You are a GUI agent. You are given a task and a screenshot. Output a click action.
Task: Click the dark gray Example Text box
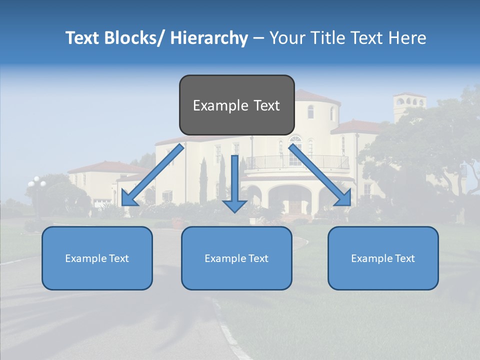236,105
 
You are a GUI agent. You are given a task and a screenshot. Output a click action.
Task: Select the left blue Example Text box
97,258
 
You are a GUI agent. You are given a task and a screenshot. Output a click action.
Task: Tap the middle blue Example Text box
236,258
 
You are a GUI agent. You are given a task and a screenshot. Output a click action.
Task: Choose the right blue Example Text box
383,258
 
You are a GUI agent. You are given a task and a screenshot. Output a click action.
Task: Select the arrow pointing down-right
320,175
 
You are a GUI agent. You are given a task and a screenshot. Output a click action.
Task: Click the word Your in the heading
287,38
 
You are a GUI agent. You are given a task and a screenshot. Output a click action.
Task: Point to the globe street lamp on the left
36,183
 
